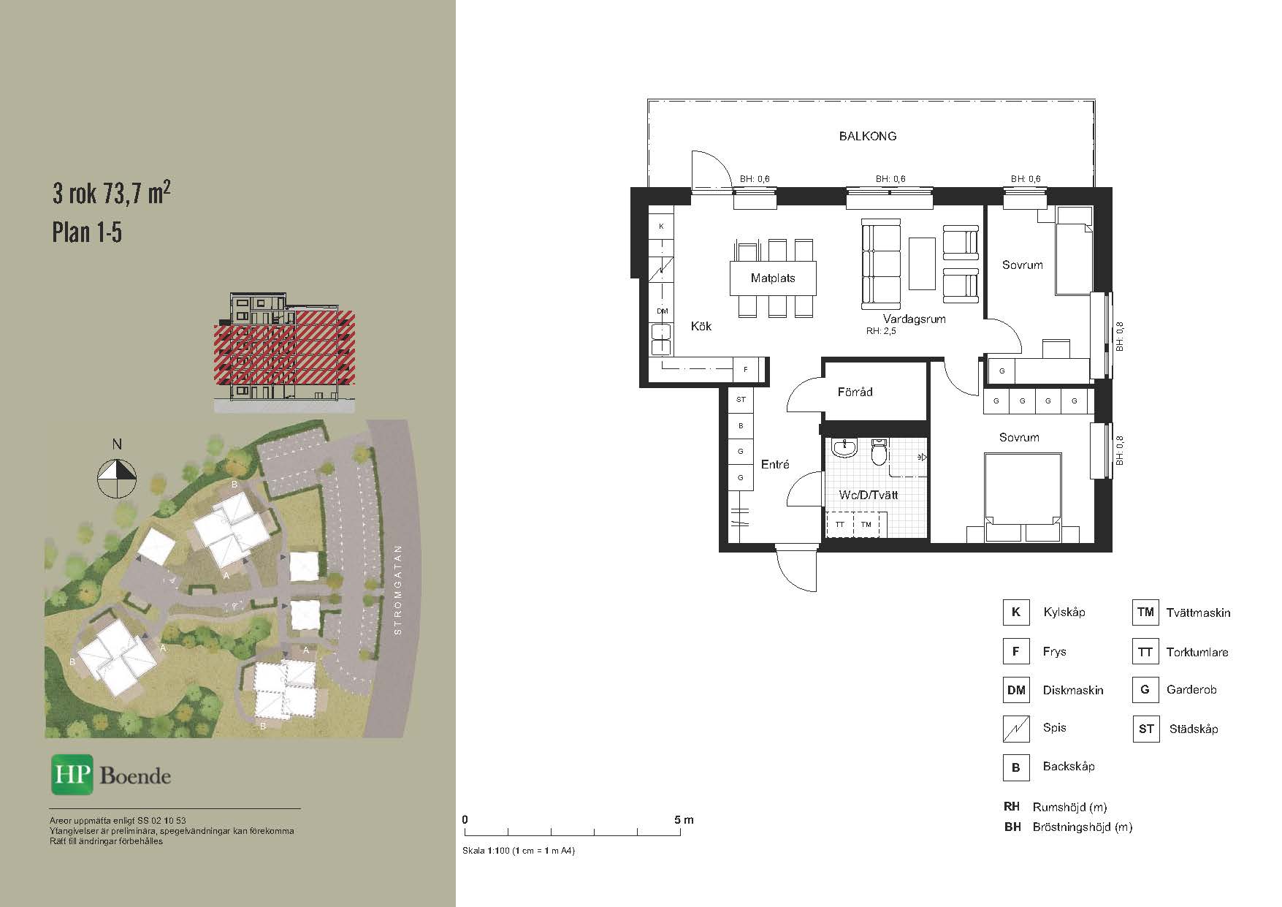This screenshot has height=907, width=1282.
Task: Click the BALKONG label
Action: point(867,136)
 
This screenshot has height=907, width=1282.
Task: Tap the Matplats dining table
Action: point(773,278)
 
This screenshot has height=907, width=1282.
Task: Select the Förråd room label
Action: point(855,392)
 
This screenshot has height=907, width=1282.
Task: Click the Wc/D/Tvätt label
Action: point(869,495)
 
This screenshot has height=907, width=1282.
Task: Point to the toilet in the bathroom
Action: point(880,452)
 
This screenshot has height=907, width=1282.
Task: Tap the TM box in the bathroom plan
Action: point(866,525)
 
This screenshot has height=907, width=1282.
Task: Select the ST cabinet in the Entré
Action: point(741,400)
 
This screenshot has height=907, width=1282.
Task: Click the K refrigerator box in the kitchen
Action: point(661,226)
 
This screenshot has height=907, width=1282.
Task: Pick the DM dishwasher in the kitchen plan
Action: point(662,311)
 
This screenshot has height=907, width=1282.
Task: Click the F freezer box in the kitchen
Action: point(745,370)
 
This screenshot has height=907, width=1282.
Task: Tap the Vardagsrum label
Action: point(914,319)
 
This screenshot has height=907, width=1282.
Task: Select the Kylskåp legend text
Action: point(1064,612)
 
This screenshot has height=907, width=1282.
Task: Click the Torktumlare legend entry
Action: point(1197,652)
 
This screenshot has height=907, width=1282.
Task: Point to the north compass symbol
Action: point(117,479)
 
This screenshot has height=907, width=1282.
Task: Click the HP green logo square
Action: point(72,774)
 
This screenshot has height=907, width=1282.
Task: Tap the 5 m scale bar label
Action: point(684,820)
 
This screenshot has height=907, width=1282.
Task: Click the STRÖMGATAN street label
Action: point(398,590)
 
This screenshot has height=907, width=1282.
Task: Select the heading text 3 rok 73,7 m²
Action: point(112,194)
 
